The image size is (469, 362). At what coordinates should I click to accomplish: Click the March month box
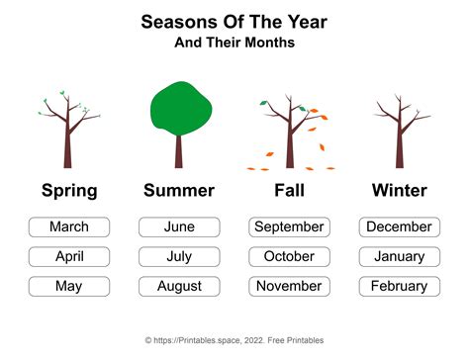[69, 227]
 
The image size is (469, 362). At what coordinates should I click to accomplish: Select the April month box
[69, 257]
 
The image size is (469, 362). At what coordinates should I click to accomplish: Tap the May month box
[69, 287]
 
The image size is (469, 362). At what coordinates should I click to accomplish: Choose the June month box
[179, 227]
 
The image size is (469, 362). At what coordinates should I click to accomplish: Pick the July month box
[179, 257]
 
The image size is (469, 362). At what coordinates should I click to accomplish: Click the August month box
[179, 287]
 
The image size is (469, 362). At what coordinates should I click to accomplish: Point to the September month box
[289, 227]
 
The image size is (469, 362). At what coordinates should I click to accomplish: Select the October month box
[289, 257]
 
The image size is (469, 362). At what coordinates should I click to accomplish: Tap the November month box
[289, 287]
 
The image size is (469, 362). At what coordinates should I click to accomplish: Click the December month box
[400, 227]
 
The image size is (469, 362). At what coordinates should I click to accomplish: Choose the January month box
[400, 257]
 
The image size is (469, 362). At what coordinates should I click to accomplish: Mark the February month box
[400, 287]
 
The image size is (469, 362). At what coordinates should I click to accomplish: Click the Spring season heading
[69, 191]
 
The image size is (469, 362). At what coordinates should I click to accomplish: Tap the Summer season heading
[179, 191]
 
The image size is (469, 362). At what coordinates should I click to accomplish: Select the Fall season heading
[289, 191]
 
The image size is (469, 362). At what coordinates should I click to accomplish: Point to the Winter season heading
[400, 191]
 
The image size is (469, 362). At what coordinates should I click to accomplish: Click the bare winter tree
[400, 134]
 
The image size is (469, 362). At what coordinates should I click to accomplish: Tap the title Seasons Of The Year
[234, 21]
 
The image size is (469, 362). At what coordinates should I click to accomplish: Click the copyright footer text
[234, 341]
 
